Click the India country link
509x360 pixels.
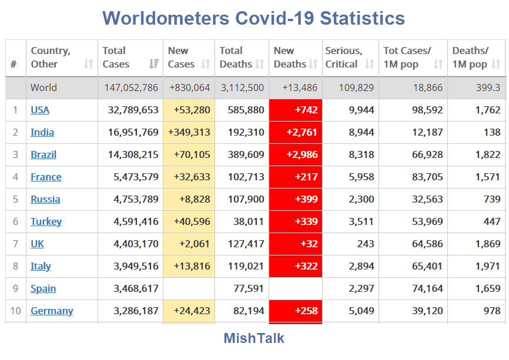(x=42, y=132)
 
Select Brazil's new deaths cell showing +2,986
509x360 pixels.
(x=296, y=154)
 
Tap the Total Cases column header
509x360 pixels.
(x=116, y=58)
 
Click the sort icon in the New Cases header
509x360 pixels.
(x=206, y=64)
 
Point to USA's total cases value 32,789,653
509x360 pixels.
(x=133, y=110)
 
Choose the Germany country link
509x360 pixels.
(x=52, y=311)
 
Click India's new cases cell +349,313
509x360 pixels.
(x=189, y=132)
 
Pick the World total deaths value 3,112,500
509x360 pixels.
(x=242, y=88)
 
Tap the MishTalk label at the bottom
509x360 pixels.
(x=254, y=338)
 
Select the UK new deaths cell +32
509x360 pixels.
(x=296, y=244)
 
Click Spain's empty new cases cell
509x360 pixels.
(x=189, y=288)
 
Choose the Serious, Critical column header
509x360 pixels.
(x=345, y=58)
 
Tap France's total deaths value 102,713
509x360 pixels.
(x=242, y=177)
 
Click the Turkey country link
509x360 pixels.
(x=46, y=221)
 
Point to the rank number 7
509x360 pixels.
(x=16, y=244)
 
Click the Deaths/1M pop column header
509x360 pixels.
(x=470, y=58)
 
